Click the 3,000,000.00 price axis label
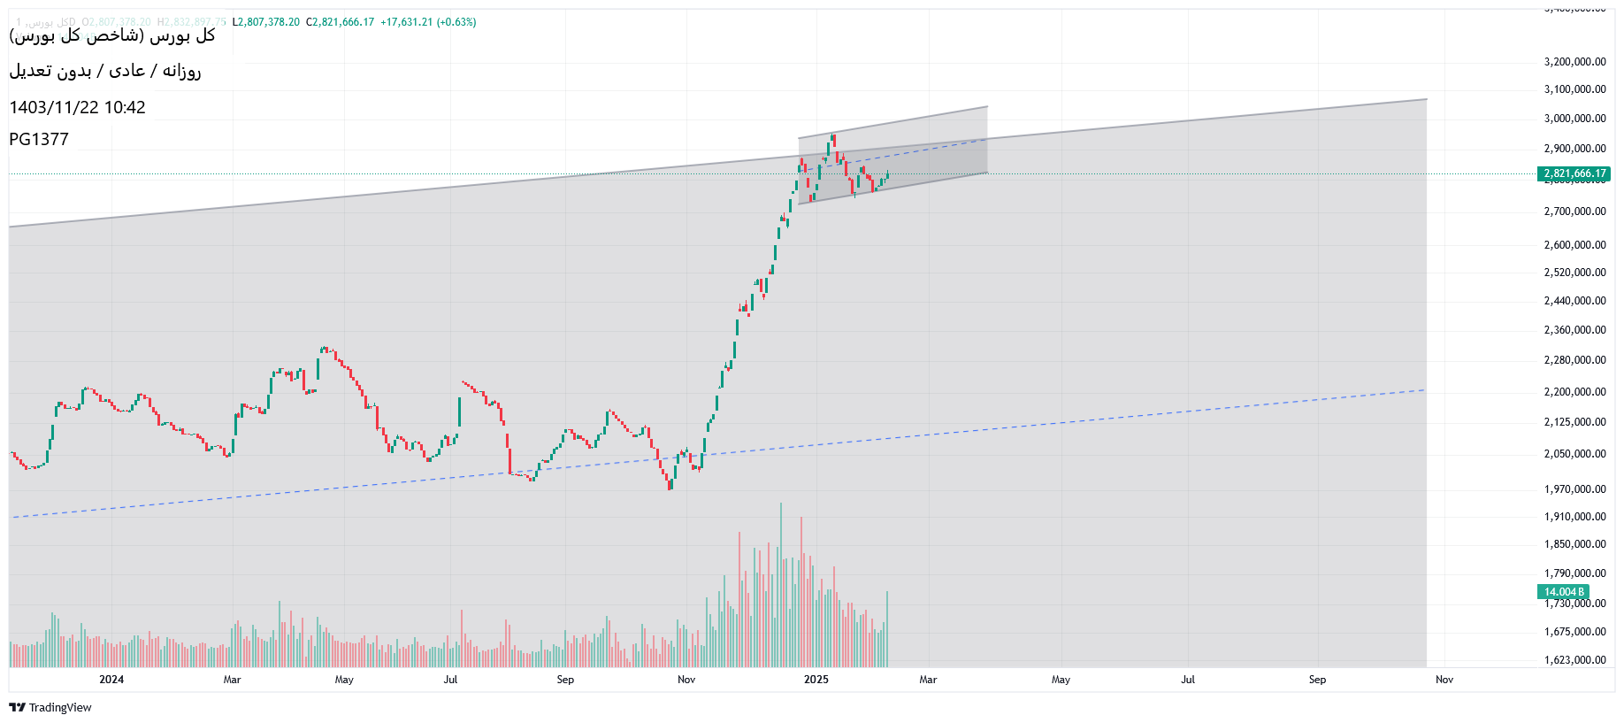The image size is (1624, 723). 1574,119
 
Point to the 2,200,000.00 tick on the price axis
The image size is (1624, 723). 1574,392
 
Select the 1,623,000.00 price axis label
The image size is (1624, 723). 1574,660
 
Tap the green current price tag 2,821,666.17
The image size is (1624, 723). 1574,174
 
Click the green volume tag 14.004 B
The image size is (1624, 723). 1564,592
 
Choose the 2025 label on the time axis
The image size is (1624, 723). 816,680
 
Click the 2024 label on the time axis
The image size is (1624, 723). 111,680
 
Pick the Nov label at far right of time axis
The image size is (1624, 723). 1444,680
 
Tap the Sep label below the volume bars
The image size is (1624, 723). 565,680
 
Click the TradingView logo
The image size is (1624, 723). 50,707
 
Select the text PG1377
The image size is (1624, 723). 39,139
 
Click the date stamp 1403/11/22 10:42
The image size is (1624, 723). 77,108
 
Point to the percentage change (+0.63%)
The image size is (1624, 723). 456,22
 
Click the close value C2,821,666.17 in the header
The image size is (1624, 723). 341,22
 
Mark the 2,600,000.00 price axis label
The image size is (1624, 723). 1574,245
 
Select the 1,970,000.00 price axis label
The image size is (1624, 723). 1574,489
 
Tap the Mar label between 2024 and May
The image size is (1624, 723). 232,680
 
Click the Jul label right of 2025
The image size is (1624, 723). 1188,680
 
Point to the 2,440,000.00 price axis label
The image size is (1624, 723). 1574,301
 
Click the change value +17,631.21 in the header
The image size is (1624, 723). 407,22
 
